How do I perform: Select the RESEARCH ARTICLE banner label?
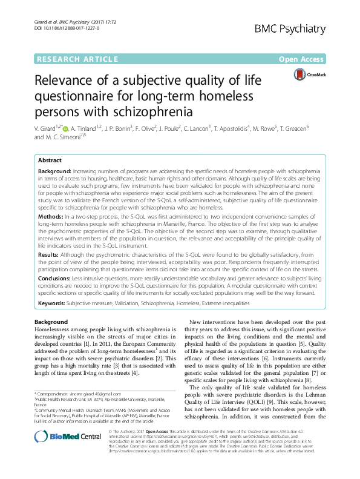(x=77, y=59)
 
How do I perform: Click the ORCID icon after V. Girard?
(x=66, y=128)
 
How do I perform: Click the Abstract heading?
(x=50, y=160)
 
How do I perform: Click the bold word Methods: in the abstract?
(x=53, y=215)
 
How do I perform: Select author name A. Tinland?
(x=89, y=128)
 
